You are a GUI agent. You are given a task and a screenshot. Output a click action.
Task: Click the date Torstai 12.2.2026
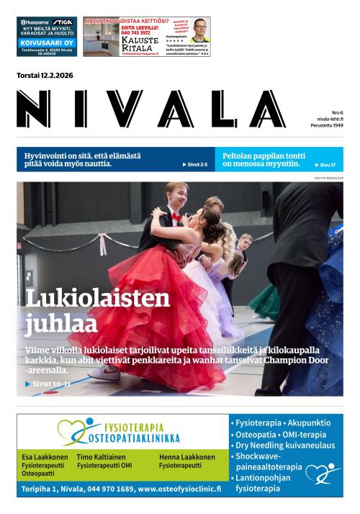[x=45, y=76]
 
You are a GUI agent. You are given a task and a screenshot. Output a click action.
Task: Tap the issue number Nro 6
[x=337, y=113]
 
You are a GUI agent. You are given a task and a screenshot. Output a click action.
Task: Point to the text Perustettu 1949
[x=328, y=126]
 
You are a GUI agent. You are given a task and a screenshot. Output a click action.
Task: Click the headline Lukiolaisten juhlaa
[x=97, y=310]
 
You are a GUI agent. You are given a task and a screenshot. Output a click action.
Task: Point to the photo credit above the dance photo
[x=328, y=177]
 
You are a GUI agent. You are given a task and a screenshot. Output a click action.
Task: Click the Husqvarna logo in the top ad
[x=33, y=22]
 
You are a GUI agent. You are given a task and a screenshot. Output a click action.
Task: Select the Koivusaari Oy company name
[x=46, y=42]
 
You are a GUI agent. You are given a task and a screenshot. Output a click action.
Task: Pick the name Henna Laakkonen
[x=186, y=457]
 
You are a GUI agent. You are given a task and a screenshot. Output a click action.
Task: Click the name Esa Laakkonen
[x=45, y=457]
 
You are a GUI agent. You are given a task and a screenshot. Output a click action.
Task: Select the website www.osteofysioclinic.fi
[x=179, y=488]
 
